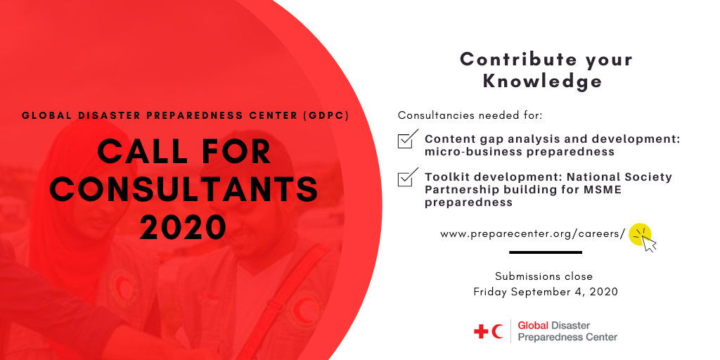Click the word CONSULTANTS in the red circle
tap(184, 189)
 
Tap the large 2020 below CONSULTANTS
tap(184, 227)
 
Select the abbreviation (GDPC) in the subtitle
tap(326, 116)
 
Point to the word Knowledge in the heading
tap(542, 82)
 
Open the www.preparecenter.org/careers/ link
tap(533, 234)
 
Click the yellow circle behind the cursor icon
tap(640, 234)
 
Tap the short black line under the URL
tap(546, 252)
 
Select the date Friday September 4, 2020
tap(546, 292)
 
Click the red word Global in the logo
tap(533, 326)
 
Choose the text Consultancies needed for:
tap(470, 115)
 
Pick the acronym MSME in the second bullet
tap(606, 190)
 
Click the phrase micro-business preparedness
tap(520, 152)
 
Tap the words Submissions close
tap(544, 276)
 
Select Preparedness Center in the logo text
tap(567, 337)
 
